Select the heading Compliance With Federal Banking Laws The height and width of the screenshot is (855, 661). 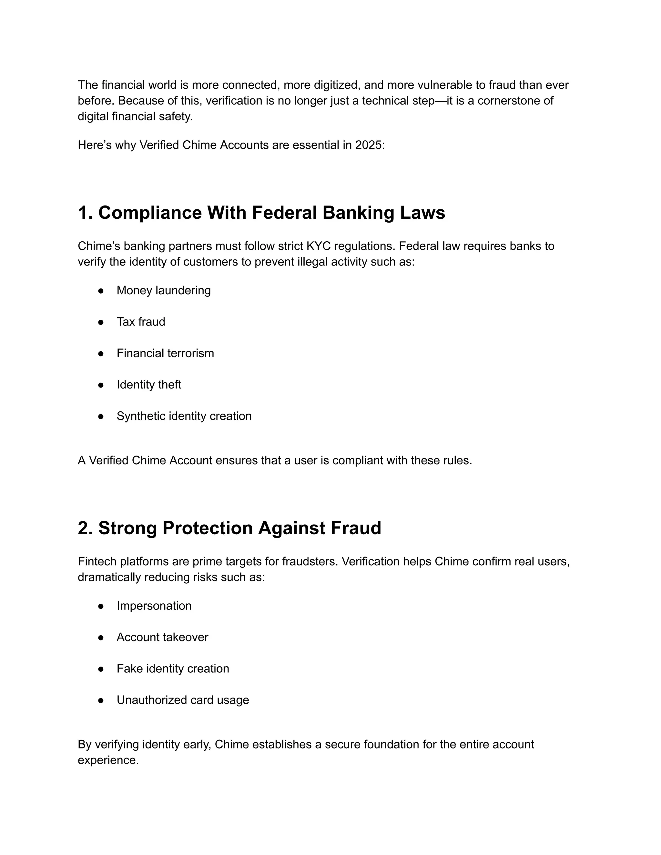pos(261,213)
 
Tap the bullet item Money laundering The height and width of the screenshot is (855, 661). pos(163,290)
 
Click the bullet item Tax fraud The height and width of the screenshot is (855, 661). pos(141,322)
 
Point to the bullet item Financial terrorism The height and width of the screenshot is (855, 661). pos(165,353)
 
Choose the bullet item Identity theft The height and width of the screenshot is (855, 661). pos(149,385)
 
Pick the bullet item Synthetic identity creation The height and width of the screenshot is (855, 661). pos(184,416)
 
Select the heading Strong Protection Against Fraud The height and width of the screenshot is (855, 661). pos(229,528)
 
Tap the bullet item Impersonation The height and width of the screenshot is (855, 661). pos(154,606)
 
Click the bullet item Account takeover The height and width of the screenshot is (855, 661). pos(162,637)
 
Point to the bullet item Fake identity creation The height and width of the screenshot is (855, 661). pos(173,668)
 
